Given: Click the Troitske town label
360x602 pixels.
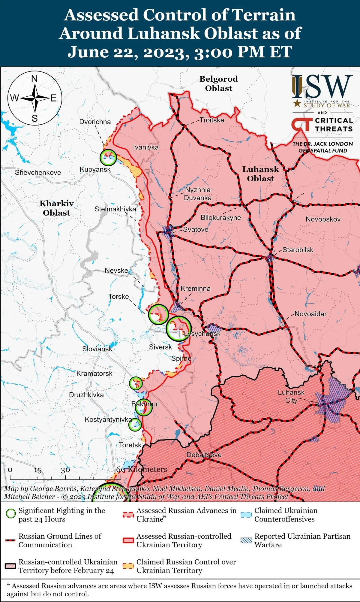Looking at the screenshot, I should pyautogui.click(x=212, y=120).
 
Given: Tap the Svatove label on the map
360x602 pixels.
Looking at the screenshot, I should pyautogui.click(x=196, y=229).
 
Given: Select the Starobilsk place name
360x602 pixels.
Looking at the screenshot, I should pyautogui.click(x=298, y=250).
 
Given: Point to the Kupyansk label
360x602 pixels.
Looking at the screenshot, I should pyautogui.click(x=95, y=169).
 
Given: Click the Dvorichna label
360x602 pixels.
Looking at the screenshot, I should pyautogui.click(x=95, y=122).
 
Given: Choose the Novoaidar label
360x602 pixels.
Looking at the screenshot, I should pyautogui.click(x=310, y=314).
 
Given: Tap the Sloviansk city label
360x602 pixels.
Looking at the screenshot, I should pyautogui.click(x=97, y=349).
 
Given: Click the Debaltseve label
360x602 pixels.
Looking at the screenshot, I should pyautogui.click(x=204, y=455).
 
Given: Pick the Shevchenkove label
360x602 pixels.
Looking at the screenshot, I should pyautogui.click(x=38, y=173).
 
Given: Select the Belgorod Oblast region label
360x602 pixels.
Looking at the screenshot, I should pyautogui.click(x=219, y=83).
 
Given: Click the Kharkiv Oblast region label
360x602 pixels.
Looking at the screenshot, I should pyautogui.click(x=56, y=208).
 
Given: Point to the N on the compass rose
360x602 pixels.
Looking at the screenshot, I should pyautogui.click(x=34, y=79).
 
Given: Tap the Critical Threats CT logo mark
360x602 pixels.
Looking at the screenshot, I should pyautogui.click(x=301, y=125).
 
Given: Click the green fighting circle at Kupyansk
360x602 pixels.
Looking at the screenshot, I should pyautogui.click(x=108, y=157).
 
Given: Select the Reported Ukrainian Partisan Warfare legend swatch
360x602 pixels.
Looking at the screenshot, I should pyautogui.click(x=246, y=540).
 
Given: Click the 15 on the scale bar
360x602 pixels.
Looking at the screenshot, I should pyautogui.click(x=38, y=470).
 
